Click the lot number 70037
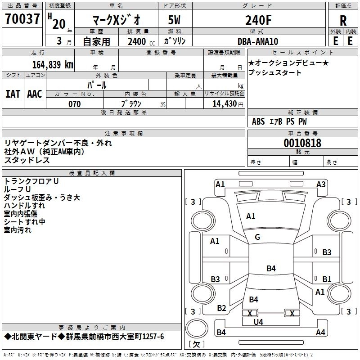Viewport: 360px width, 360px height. (22, 19)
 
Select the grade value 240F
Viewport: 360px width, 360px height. (258, 20)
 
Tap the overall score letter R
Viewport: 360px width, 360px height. (343, 21)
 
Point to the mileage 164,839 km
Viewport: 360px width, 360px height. (53, 65)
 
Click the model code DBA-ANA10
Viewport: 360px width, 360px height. (258, 41)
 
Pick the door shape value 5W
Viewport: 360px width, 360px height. (174, 20)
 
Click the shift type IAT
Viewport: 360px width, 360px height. (13, 94)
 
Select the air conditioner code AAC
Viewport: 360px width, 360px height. (35, 94)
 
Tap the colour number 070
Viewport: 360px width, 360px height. (75, 104)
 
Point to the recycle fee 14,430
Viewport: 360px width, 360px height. (225, 104)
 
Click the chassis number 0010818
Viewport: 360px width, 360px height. (302, 143)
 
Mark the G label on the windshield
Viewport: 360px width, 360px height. (257, 237)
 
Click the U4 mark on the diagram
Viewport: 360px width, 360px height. (258, 322)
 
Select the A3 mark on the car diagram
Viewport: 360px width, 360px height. (321, 184)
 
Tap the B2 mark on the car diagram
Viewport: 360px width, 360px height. (221, 308)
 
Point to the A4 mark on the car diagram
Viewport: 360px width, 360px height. (320, 332)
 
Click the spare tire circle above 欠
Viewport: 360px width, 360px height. (197, 328)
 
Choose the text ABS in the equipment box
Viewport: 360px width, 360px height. (258, 121)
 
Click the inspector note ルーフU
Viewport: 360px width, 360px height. (17, 189)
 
